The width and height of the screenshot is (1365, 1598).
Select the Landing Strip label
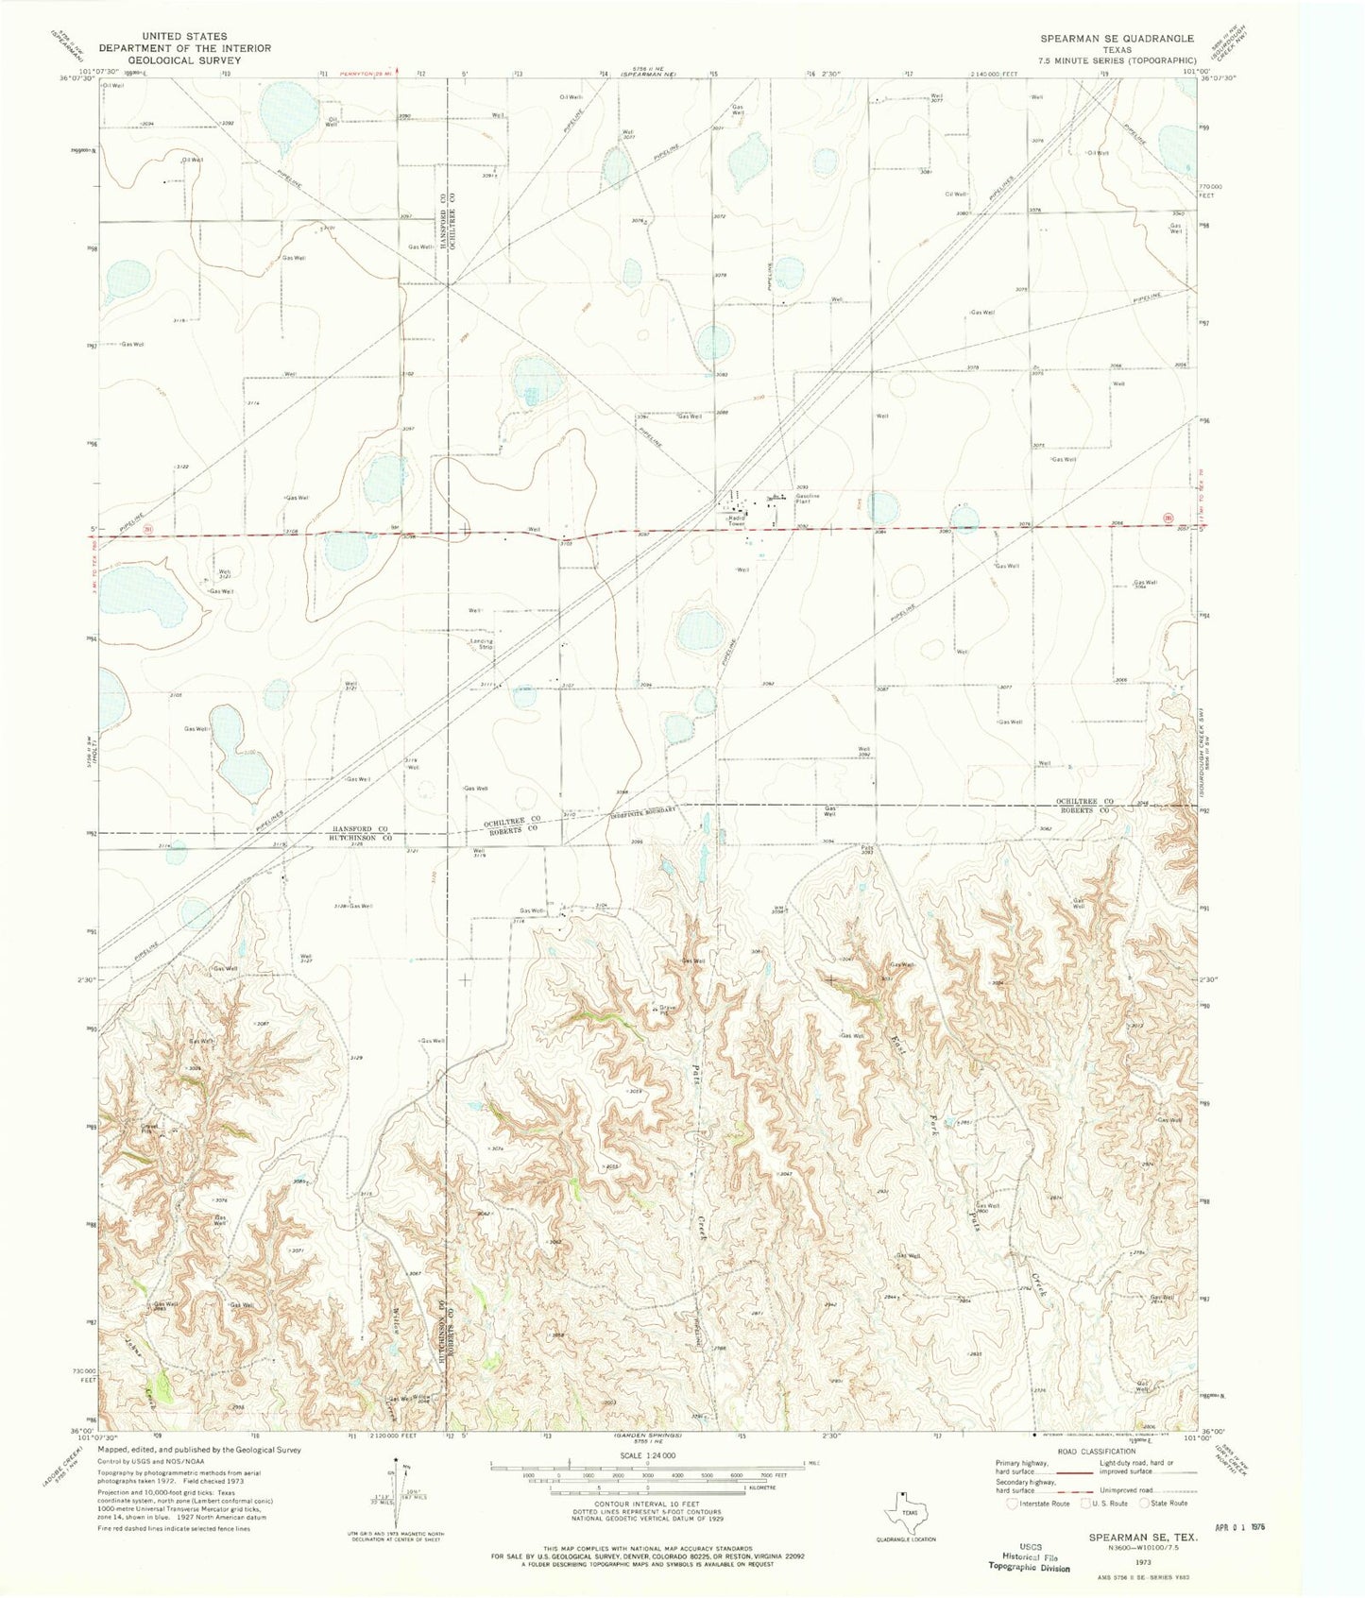[x=483, y=644]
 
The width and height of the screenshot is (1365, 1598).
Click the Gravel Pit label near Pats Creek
[x=668, y=1011]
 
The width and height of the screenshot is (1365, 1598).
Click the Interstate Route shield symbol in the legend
[x=1015, y=1503]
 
